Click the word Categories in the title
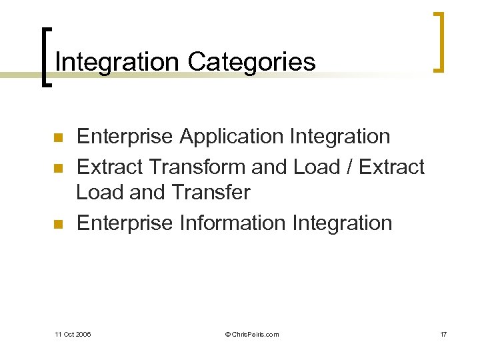click(251, 62)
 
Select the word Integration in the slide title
click(117, 62)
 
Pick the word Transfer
click(210, 193)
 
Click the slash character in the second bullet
click(348, 166)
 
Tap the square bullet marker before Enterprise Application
click(57, 138)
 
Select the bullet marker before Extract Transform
click(57, 167)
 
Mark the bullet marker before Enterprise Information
click(57, 224)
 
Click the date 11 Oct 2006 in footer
click(73, 334)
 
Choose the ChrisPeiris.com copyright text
click(252, 334)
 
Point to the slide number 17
click(443, 334)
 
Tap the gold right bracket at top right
click(439, 41)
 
